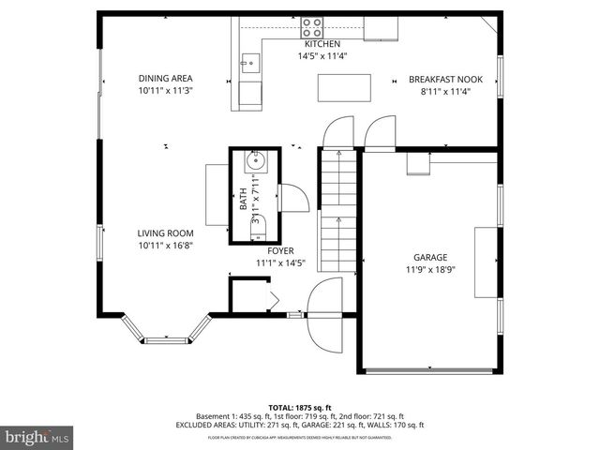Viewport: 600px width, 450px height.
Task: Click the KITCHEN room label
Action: tap(322, 44)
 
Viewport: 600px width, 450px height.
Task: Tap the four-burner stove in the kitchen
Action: tap(313, 26)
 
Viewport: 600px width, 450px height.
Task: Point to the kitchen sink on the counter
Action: tap(250, 64)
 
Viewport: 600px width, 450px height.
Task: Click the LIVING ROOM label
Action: tap(165, 233)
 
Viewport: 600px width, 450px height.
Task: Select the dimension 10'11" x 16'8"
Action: tap(165, 246)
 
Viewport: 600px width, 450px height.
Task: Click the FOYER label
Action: tap(280, 251)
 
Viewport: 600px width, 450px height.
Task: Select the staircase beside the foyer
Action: tap(337, 211)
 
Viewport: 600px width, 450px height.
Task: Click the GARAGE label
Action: tap(430, 257)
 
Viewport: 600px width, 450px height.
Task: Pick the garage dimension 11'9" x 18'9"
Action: tap(430, 269)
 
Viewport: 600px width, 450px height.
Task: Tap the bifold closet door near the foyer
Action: tap(269, 300)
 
